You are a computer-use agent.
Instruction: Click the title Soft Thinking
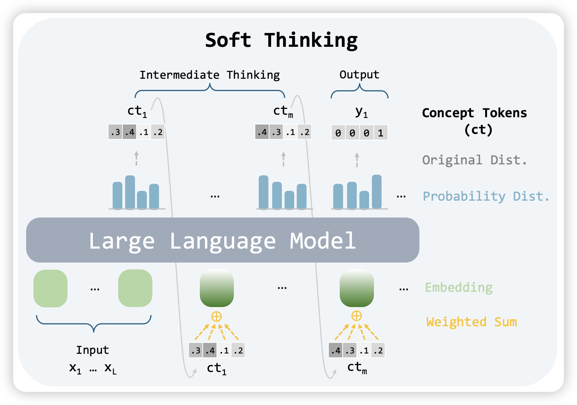[281, 40]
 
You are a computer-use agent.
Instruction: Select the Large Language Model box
[222, 240]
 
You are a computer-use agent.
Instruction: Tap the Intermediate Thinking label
[209, 75]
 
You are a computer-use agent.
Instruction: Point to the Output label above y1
[359, 75]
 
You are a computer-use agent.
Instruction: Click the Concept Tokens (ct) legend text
[474, 121]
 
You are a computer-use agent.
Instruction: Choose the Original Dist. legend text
[474, 160]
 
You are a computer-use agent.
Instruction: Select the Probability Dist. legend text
[486, 196]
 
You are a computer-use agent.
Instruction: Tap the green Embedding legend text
[459, 287]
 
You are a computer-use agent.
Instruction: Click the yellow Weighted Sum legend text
[471, 322]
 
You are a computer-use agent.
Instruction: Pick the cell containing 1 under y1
[380, 133]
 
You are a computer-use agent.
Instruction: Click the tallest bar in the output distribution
[377, 192]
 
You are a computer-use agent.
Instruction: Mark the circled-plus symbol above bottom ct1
[217, 316]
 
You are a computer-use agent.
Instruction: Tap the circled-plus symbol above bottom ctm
[356, 316]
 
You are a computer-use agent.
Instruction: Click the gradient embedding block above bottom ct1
[217, 288]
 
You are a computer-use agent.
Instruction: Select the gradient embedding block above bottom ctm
[356, 288]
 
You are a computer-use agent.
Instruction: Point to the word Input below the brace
[93, 350]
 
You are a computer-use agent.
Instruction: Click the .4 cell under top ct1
[130, 132]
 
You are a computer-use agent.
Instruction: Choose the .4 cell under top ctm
[262, 132]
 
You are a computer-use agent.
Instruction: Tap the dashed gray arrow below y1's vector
[357, 160]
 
